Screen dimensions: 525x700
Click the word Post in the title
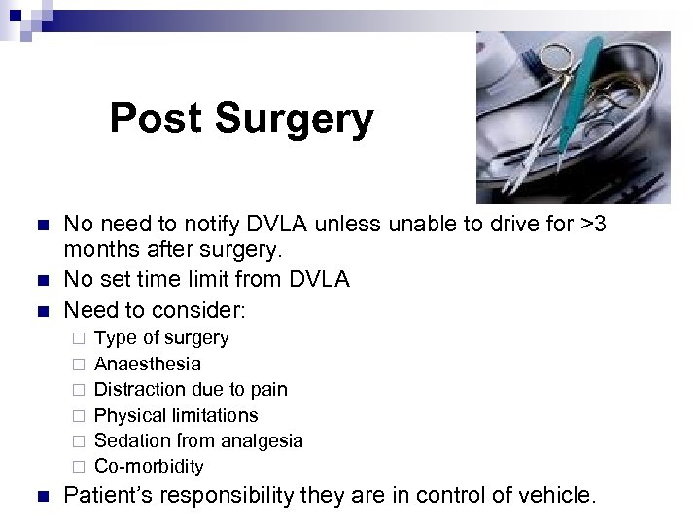156,119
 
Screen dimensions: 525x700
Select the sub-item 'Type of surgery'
161,338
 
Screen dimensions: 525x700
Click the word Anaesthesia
148,364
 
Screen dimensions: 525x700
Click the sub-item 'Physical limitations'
176,415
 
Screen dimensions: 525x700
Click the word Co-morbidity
149,467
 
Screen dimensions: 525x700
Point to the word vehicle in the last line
556,496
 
